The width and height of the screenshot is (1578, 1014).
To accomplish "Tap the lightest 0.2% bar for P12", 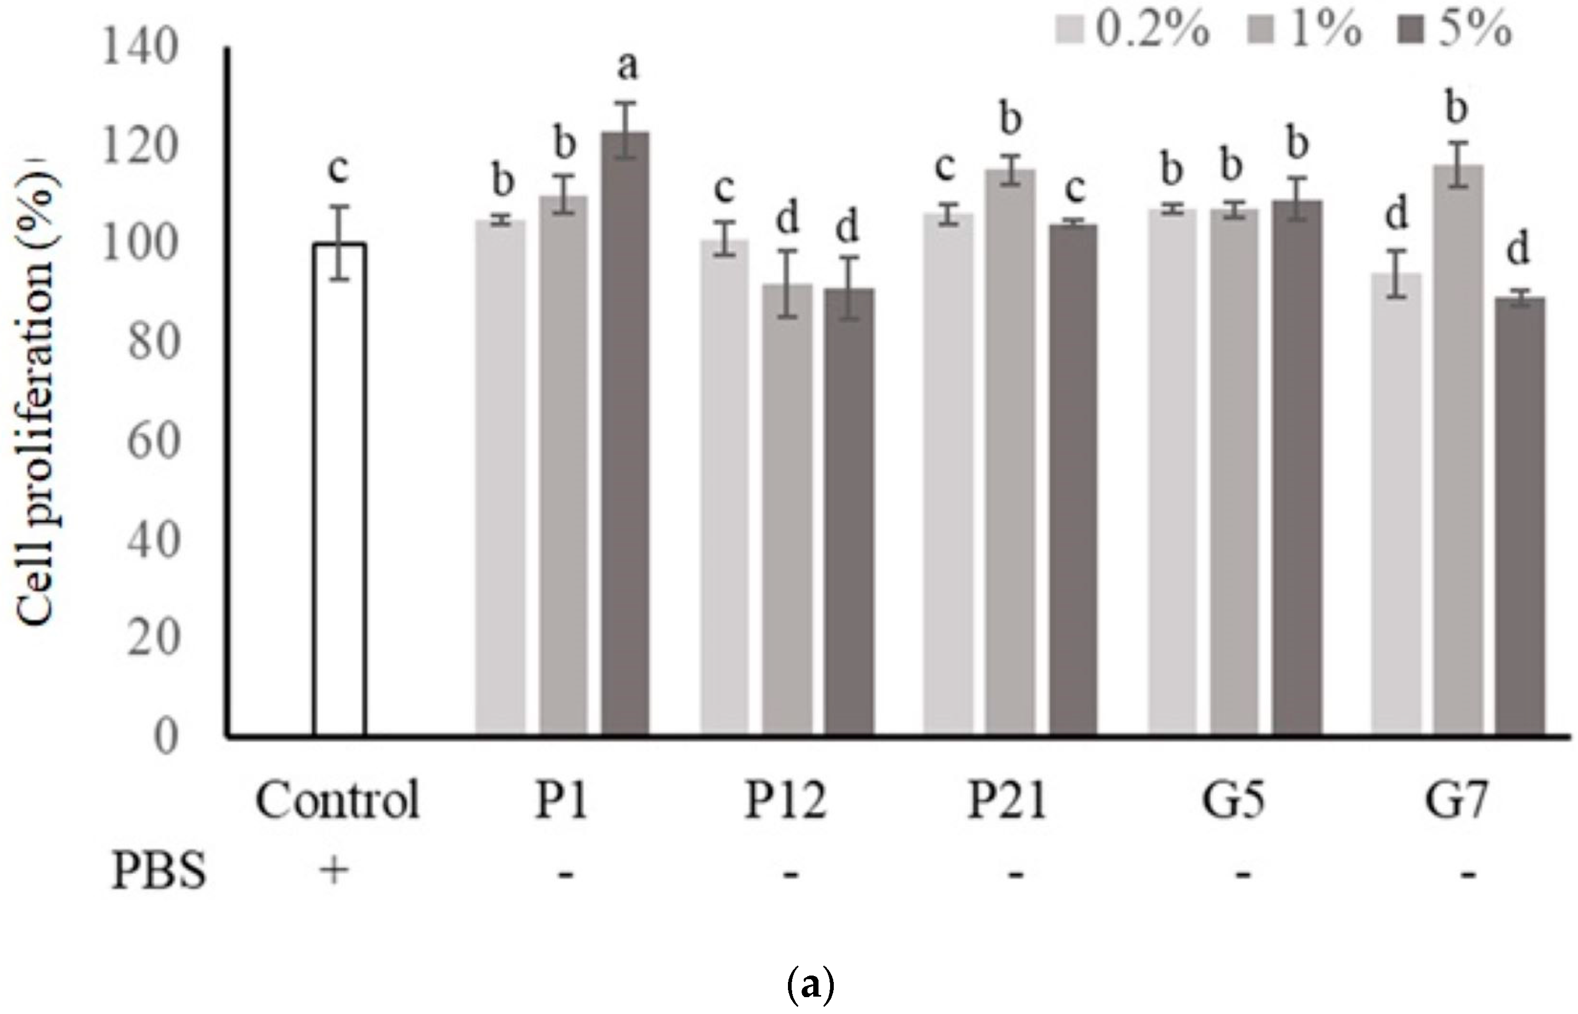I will point(724,487).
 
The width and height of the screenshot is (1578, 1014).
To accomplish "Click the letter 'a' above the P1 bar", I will point(627,68).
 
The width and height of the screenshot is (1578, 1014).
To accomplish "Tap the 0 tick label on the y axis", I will point(166,737).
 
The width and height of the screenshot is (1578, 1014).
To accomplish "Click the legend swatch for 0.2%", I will point(1070,31).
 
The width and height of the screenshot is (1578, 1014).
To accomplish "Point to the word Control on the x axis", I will point(337,801).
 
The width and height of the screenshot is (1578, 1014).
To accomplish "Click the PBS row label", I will point(158,873).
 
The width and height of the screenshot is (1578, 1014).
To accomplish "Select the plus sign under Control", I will point(334,872).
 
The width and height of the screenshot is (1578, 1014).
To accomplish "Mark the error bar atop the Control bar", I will point(339,242).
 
